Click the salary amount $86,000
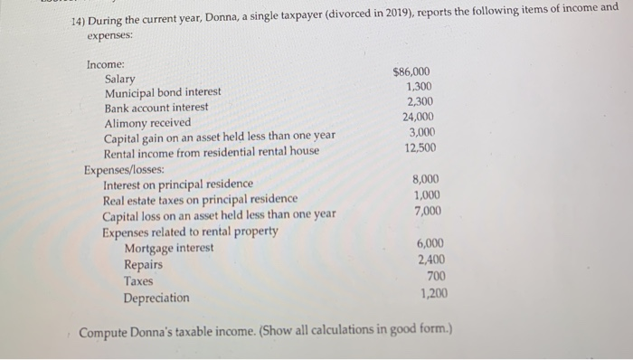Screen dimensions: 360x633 412,72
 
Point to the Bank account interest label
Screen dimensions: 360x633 156,108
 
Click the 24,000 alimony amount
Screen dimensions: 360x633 417,117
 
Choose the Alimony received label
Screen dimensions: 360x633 148,122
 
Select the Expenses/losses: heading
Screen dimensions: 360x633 124,169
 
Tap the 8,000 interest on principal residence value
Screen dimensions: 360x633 425,180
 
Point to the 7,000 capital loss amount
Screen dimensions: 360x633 427,211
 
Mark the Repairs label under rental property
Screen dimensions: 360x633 144,265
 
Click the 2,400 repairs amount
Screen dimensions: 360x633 430,260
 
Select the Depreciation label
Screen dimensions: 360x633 156,298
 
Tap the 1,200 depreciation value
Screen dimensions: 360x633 433,292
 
